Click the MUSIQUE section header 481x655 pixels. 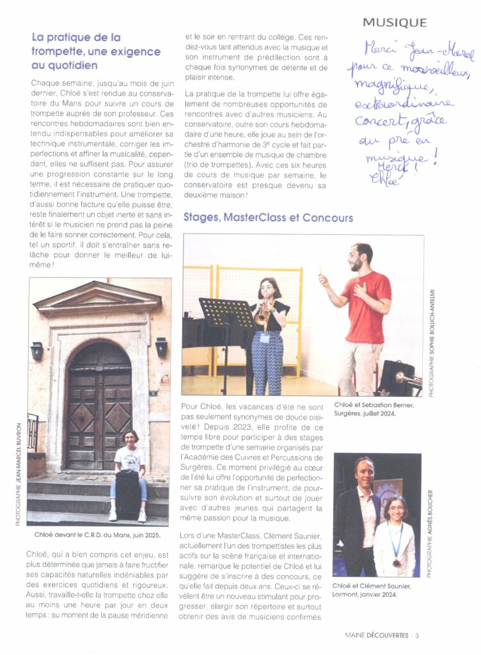click(x=394, y=22)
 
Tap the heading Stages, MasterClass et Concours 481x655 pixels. click(x=267, y=217)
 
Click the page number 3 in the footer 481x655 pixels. click(x=417, y=635)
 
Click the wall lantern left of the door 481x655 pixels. click(x=38, y=351)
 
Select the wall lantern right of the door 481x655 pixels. click(x=161, y=346)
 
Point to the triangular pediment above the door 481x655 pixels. click(x=98, y=298)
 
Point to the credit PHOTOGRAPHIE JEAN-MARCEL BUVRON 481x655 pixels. click(x=19, y=474)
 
